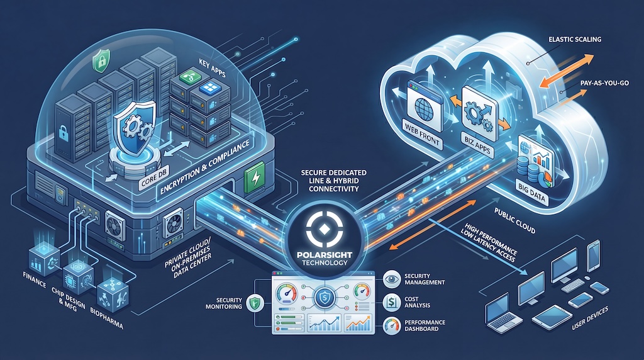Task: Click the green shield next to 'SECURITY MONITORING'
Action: click(254, 303)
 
